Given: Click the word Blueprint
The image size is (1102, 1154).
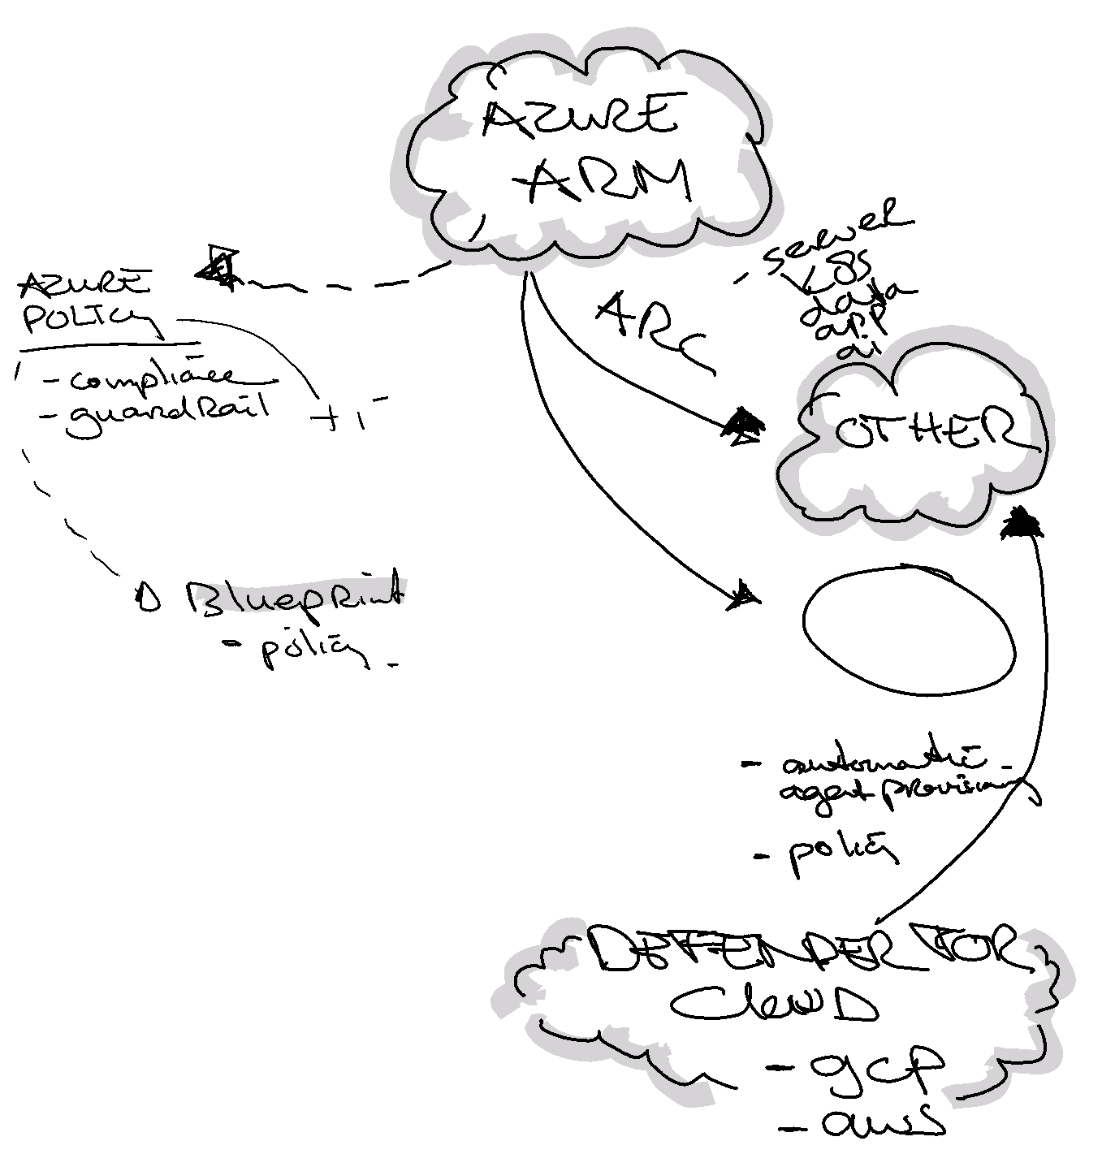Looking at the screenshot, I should (292, 597).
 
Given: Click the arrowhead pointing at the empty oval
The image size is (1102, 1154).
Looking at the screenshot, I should (744, 598).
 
